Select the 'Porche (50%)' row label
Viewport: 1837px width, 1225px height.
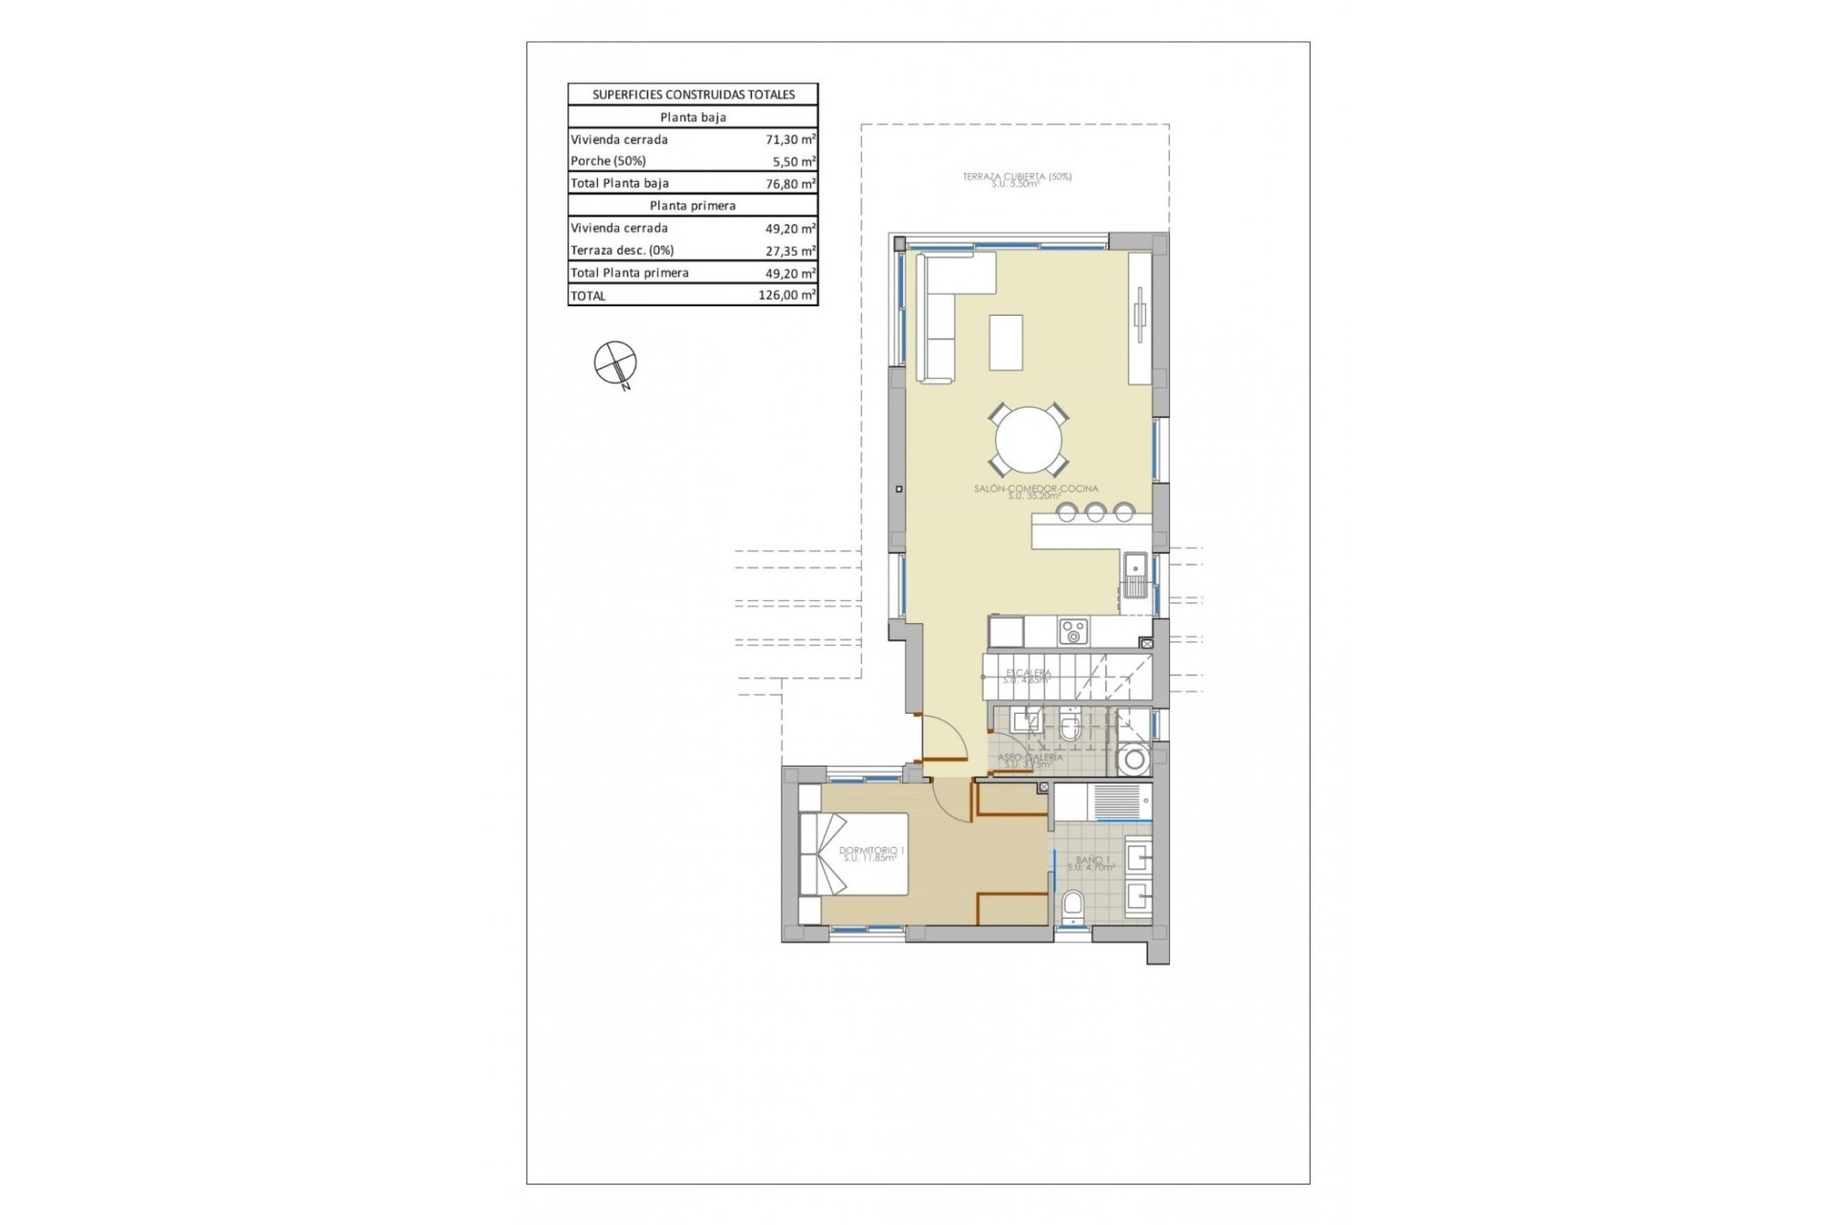tap(608, 161)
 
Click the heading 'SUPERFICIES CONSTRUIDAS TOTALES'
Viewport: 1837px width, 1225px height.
tap(693, 95)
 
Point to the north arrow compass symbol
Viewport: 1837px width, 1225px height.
tap(614, 364)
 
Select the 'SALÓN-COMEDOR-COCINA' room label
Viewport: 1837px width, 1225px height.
tap(1035, 489)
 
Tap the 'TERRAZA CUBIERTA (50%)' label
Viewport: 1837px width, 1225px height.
tap(1016, 177)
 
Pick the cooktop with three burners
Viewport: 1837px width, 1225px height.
tap(1073, 632)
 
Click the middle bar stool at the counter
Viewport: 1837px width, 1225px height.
tap(1095, 513)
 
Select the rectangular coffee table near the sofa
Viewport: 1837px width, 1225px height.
tap(1006, 343)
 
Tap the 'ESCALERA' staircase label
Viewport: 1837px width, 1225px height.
tap(1028, 673)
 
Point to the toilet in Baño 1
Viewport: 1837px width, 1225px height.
tap(1073, 906)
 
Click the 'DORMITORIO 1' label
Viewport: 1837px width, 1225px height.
tap(871, 851)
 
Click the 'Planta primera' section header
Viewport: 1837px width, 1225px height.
tap(693, 206)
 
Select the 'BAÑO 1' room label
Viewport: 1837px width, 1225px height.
tap(1092, 860)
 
